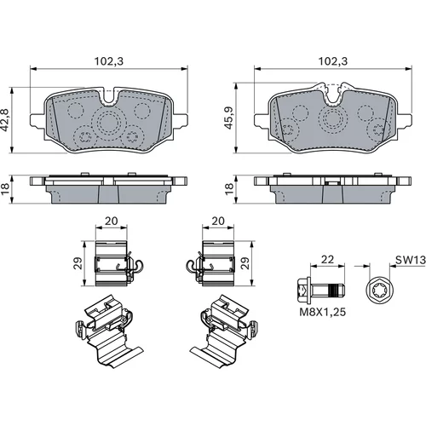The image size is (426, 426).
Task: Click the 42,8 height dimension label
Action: click(5, 120)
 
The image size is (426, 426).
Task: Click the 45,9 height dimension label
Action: click(229, 118)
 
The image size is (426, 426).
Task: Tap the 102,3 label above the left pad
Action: click(109, 61)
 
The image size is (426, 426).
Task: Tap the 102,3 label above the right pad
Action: click(333, 61)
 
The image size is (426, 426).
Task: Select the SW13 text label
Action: click(411, 260)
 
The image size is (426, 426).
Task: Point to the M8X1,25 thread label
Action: click(323, 312)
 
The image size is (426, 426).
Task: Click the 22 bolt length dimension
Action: click(327, 259)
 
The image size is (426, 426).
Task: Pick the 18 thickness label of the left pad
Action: click(5, 189)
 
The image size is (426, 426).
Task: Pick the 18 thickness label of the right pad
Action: click(229, 189)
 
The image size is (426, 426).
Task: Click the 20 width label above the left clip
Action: click(111, 221)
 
